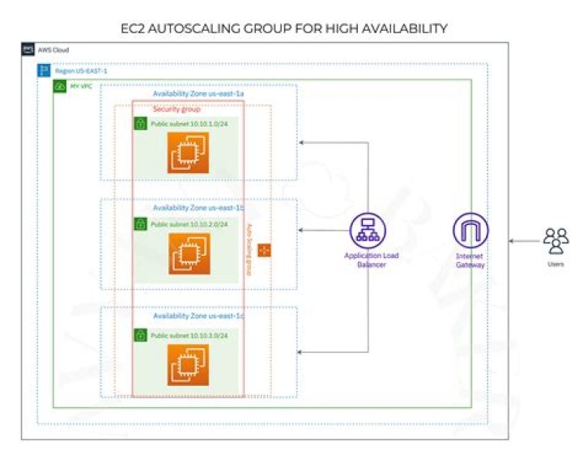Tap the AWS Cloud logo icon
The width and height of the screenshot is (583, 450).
pos(28,50)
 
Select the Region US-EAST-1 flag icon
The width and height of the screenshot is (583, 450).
pos(45,71)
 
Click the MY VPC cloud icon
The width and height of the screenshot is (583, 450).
pos(60,86)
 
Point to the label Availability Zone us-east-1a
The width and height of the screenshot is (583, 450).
pos(198,94)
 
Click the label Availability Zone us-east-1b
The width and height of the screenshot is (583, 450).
pos(198,208)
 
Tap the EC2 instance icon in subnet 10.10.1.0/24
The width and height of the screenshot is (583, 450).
pos(188,153)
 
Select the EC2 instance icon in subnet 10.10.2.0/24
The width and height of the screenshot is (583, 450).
pos(188,253)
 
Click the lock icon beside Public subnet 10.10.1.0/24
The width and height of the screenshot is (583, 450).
pos(141,124)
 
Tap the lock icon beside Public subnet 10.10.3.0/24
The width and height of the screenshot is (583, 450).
pos(141,334)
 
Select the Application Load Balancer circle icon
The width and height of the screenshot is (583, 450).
pos(369,231)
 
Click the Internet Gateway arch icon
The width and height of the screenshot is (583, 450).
pos(470,231)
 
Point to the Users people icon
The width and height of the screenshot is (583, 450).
pos(555,240)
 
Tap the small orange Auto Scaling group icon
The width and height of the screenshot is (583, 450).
pos(264,252)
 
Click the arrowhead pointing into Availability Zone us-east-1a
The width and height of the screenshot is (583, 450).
pos(302,143)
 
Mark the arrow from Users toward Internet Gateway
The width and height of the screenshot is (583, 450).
pos(522,240)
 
